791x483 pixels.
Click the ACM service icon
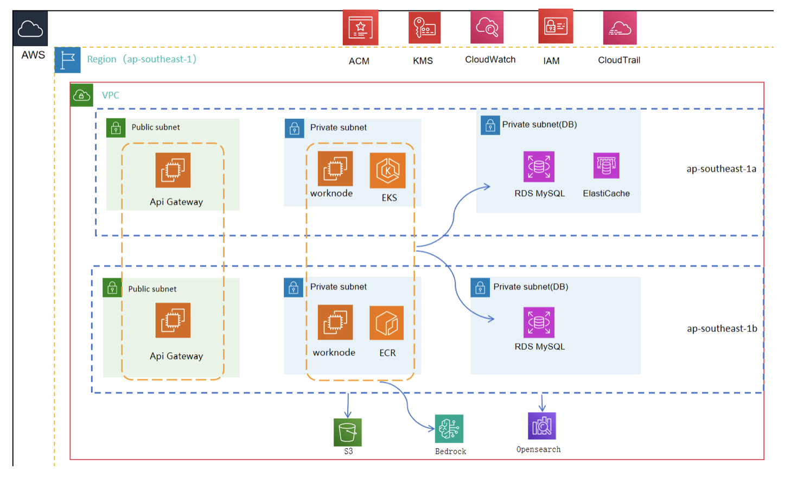[x=360, y=28]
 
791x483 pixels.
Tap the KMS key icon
[x=424, y=28]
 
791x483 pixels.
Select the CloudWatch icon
[x=487, y=27]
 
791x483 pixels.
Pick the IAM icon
[x=556, y=27]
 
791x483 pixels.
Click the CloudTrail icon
[x=620, y=28]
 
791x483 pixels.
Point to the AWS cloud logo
[x=30, y=29]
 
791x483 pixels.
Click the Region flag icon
[x=68, y=60]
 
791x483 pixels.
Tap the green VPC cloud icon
[x=82, y=96]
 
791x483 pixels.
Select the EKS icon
[x=387, y=170]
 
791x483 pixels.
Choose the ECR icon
[x=387, y=323]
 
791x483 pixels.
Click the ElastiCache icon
[x=606, y=166]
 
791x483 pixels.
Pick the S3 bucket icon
[x=347, y=433]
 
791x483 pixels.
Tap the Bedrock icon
[x=449, y=429]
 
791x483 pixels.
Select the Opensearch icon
[x=541, y=426]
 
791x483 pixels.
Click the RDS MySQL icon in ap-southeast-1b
[x=539, y=322]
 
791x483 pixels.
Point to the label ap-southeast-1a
[x=721, y=169]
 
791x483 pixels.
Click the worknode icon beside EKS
[x=335, y=169]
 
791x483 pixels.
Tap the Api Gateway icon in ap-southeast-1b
[x=173, y=320]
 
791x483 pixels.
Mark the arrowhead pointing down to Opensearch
[x=542, y=408]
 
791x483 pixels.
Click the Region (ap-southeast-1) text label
[x=142, y=59]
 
